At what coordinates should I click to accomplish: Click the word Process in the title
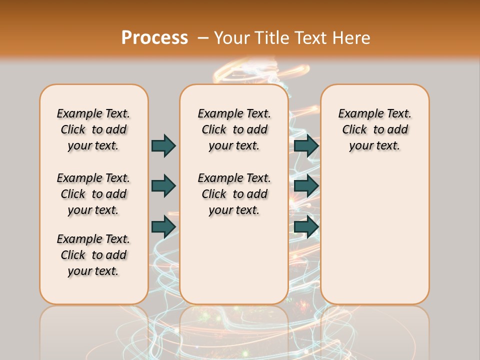[x=154, y=37]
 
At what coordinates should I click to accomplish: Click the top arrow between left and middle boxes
[x=163, y=145]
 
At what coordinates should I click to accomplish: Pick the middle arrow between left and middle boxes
[x=163, y=186]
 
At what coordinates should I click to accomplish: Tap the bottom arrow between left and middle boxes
[x=163, y=226]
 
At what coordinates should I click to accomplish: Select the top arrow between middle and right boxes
[x=306, y=145]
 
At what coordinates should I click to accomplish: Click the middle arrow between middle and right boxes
[x=306, y=186]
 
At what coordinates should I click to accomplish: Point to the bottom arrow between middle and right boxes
[x=306, y=226]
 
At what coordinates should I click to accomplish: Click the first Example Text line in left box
[x=93, y=113]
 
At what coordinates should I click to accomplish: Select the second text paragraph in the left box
[x=93, y=194]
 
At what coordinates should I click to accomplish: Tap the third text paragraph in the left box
[x=93, y=255]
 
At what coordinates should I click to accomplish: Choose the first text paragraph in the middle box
[x=234, y=129]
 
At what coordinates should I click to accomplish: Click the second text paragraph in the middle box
[x=234, y=194]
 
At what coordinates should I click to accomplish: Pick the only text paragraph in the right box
[x=375, y=129]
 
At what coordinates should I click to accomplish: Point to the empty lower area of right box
[x=375, y=235]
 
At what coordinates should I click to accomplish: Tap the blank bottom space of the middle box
[x=234, y=265]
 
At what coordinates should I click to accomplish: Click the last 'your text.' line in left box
[x=93, y=271]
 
